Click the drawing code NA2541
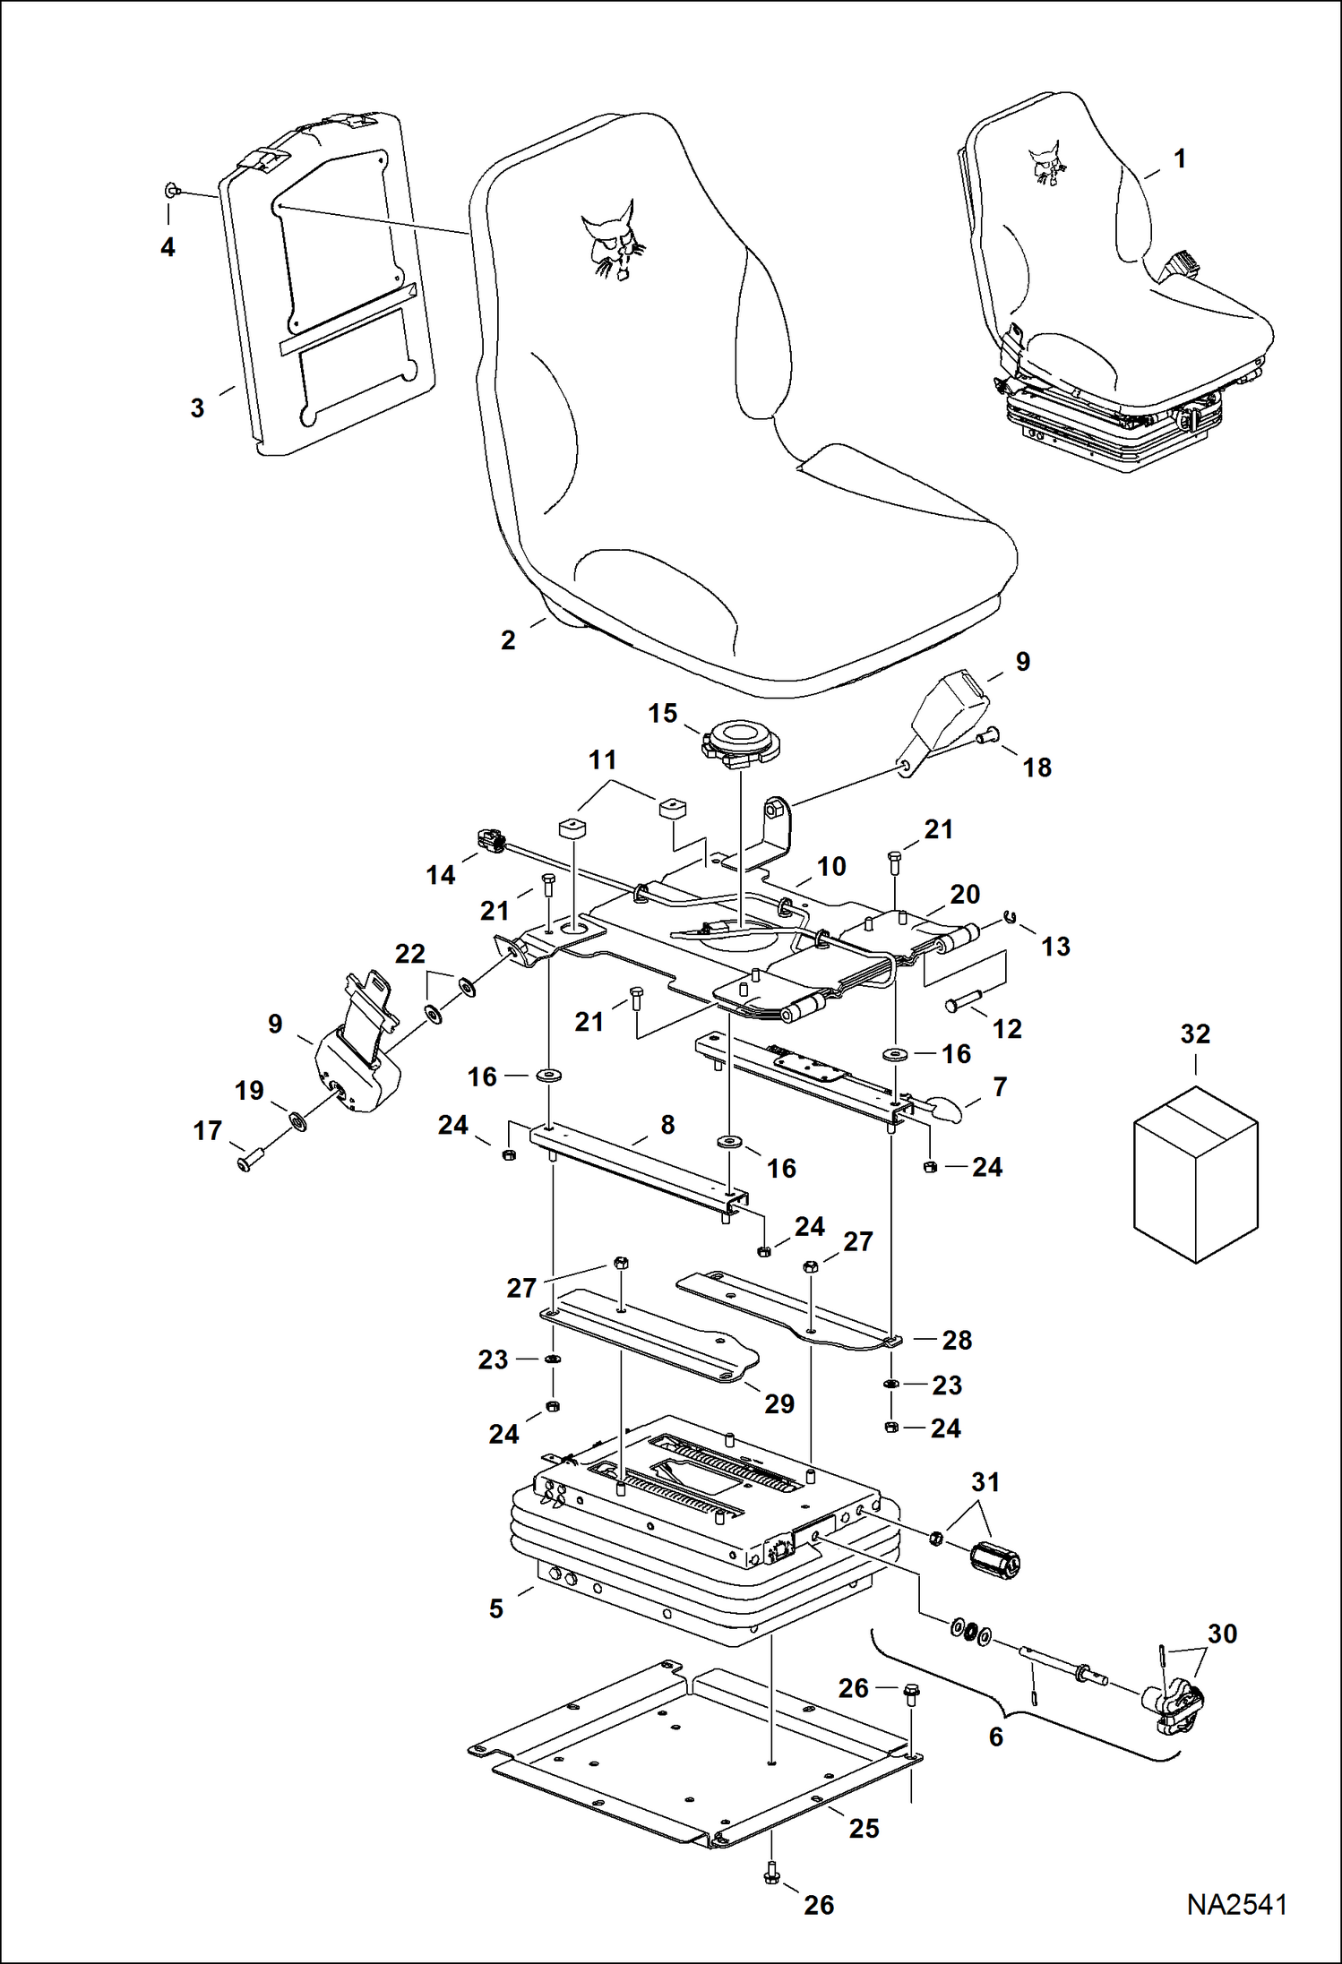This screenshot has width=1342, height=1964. click(1236, 1904)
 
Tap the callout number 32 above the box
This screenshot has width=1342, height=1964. click(1195, 1034)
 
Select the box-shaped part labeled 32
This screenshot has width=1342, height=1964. click(1196, 1173)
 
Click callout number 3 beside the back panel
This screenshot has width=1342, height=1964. click(198, 408)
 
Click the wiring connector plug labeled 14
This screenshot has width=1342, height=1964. click(491, 841)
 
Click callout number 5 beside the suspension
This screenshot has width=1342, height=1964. click(496, 1608)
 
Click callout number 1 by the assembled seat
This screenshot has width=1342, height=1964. click(1180, 159)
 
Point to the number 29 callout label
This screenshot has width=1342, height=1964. click(779, 1403)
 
